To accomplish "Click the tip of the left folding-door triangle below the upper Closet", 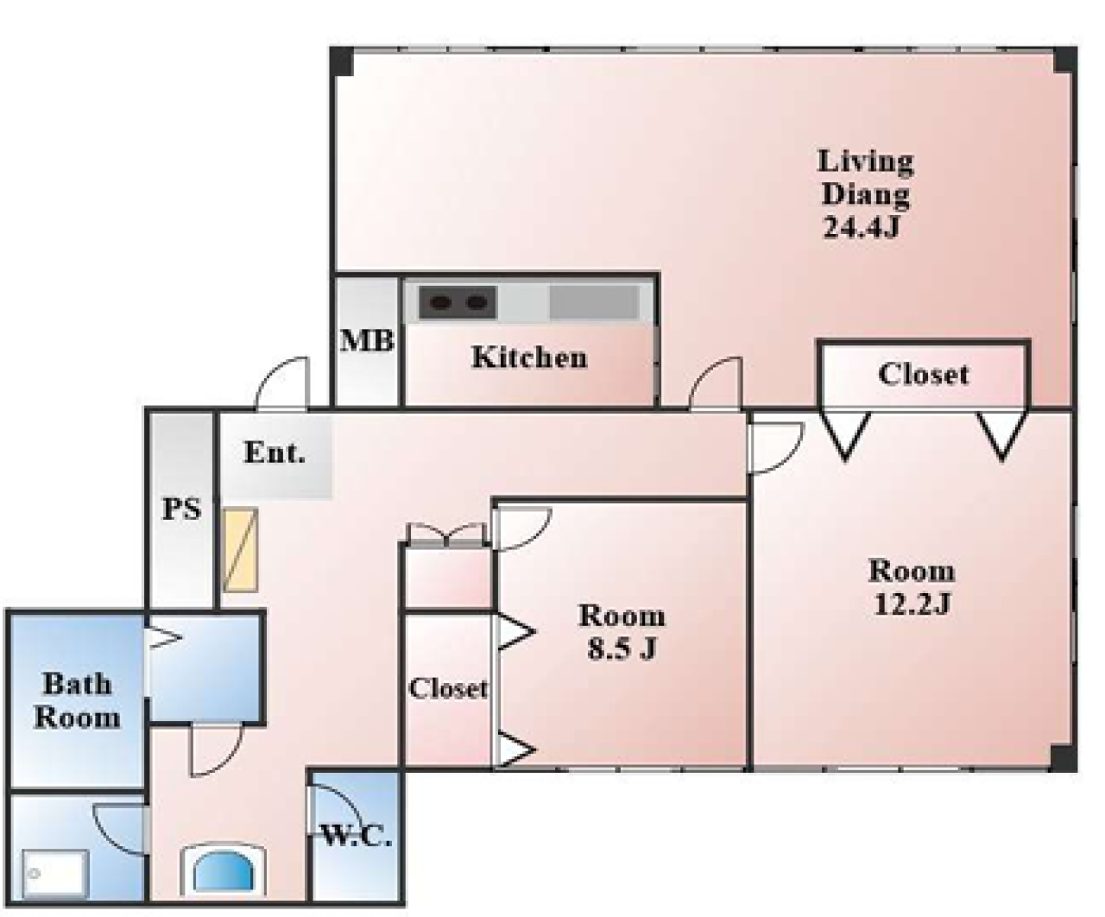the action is click(845, 458).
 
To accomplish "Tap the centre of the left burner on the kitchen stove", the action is click(439, 303).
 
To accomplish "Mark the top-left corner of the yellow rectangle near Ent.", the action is click(224, 509).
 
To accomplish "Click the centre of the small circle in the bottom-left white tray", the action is click(35, 873).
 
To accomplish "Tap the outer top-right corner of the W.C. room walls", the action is click(404, 767).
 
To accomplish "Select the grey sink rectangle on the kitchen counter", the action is click(594, 303).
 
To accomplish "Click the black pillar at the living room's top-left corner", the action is click(342, 61).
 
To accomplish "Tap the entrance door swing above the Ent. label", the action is click(282, 383).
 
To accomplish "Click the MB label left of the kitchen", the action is click(367, 340).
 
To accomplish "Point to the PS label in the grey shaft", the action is click(181, 509).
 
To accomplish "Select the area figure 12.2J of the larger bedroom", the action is click(912, 604).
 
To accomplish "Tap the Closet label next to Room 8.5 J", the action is click(448, 689).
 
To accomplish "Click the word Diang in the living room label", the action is click(866, 195).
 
